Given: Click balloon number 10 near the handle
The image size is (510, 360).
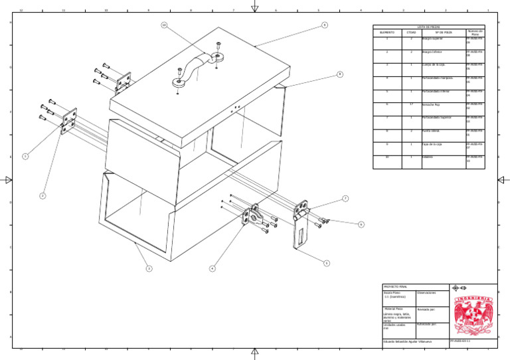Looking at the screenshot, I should pos(164,25).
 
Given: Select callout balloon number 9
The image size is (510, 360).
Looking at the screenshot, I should pos(324,25).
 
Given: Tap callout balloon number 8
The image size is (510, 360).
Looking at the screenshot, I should pos(339,74).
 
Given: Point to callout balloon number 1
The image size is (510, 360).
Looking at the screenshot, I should pos(25,156).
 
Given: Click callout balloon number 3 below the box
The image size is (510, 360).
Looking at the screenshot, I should pos(149,268).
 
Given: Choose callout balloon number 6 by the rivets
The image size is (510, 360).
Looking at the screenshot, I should pos(361,225).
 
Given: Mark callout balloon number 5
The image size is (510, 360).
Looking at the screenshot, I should pos(327,263).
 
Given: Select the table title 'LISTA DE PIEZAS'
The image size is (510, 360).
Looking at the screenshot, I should pos(429,27).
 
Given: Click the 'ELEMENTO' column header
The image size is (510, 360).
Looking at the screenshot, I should pos(387,32).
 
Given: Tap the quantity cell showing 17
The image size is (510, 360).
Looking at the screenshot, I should pos(411,104).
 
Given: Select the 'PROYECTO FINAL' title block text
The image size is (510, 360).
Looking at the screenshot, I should pos(394,287).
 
